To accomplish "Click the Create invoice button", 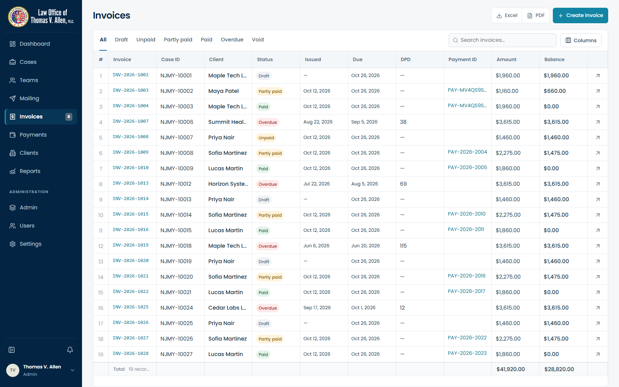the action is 580,15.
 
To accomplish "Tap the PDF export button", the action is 536,15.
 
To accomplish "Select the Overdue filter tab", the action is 232,39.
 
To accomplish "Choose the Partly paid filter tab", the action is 178,39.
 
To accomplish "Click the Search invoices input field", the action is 503,40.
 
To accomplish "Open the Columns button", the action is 581,40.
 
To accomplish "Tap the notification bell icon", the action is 70,350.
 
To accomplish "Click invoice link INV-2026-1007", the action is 130,122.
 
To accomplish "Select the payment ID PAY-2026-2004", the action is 467,152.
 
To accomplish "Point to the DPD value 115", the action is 403,246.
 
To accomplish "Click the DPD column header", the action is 405,60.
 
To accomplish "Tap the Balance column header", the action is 554,60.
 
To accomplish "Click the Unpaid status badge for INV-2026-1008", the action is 266,138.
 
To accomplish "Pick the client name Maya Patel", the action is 223,91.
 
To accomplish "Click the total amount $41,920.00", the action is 510,369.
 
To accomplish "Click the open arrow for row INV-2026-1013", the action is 598,184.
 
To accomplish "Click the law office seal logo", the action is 18,17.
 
